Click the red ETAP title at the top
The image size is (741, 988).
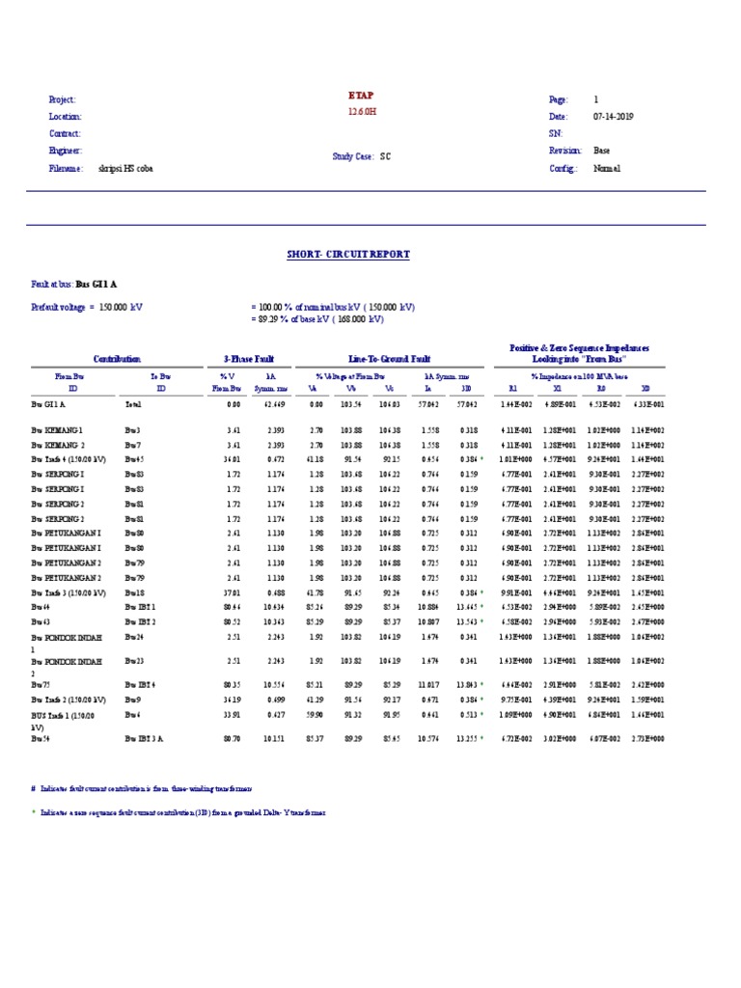362,96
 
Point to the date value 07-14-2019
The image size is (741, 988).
614,117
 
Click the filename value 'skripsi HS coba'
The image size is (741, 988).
125,169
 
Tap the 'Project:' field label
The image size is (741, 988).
62,100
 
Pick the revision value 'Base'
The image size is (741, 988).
601,151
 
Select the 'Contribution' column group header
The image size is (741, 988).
116,359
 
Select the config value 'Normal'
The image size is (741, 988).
607,169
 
